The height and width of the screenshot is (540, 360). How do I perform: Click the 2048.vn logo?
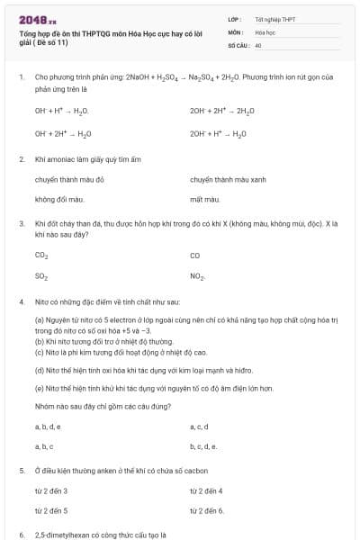[x=38, y=19]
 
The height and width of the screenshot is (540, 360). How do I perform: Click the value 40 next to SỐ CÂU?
[x=258, y=44]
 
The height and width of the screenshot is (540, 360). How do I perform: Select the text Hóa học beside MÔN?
[x=264, y=31]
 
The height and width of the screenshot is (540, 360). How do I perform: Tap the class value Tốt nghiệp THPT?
[x=275, y=19]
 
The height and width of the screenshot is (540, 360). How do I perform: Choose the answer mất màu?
[x=205, y=199]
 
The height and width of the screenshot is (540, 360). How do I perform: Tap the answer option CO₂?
[x=41, y=255]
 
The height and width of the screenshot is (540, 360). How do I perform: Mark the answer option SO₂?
[x=41, y=276]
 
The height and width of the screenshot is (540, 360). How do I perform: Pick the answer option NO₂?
[x=198, y=276]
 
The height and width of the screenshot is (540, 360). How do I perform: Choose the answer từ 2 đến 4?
[x=206, y=490]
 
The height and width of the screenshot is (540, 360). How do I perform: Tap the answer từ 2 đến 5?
[x=51, y=510]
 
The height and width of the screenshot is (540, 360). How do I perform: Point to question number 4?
[x=21, y=301]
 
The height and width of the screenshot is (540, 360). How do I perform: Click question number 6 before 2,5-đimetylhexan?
[x=21, y=535]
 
